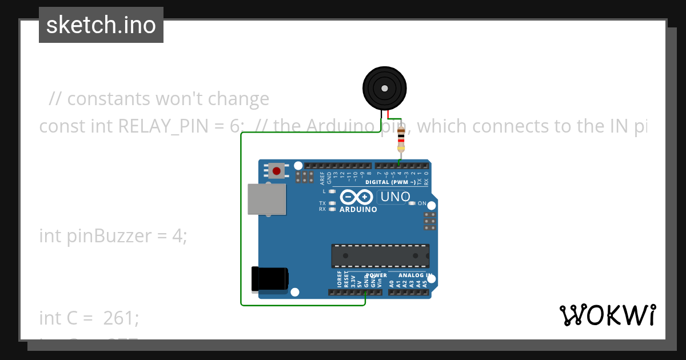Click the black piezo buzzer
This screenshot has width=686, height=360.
pyautogui.click(x=385, y=89)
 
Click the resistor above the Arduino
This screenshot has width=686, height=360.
pyautogui.click(x=401, y=140)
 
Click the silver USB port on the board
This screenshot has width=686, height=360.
pyautogui.click(x=266, y=198)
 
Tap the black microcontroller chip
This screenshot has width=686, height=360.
pyautogui.click(x=380, y=256)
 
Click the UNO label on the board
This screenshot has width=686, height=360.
pyautogui.click(x=394, y=197)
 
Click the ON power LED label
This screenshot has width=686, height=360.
pyautogui.click(x=422, y=203)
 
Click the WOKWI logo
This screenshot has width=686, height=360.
pyautogui.click(x=607, y=315)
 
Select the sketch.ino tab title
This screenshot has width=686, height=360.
pyautogui.click(x=101, y=25)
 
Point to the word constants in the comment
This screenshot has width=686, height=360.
pyautogui.click(x=108, y=99)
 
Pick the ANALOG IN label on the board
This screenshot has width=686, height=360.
pyautogui.click(x=415, y=275)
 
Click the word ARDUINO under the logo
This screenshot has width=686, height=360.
pyautogui.click(x=358, y=210)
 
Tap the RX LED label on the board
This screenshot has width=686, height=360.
pyautogui.click(x=322, y=209)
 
